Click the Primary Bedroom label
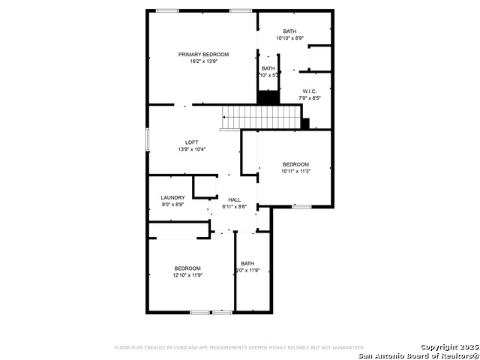(203, 55)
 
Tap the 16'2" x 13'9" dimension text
(203, 61)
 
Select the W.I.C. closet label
(310, 91)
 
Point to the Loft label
(192, 142)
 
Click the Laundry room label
(172, 198)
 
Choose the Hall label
(234, 200)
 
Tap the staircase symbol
(259, 117)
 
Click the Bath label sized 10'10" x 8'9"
(289, 31)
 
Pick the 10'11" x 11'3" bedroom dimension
(295, 171)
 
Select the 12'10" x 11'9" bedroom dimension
(187, 275)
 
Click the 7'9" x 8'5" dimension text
(310, 98)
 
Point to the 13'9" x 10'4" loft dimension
(192, 149)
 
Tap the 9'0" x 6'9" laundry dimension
(172, 205)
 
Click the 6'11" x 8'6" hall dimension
(234, 207)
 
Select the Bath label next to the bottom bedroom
(247, 263)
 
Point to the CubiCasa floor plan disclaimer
(239, 348)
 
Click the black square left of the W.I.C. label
(268, 97)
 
